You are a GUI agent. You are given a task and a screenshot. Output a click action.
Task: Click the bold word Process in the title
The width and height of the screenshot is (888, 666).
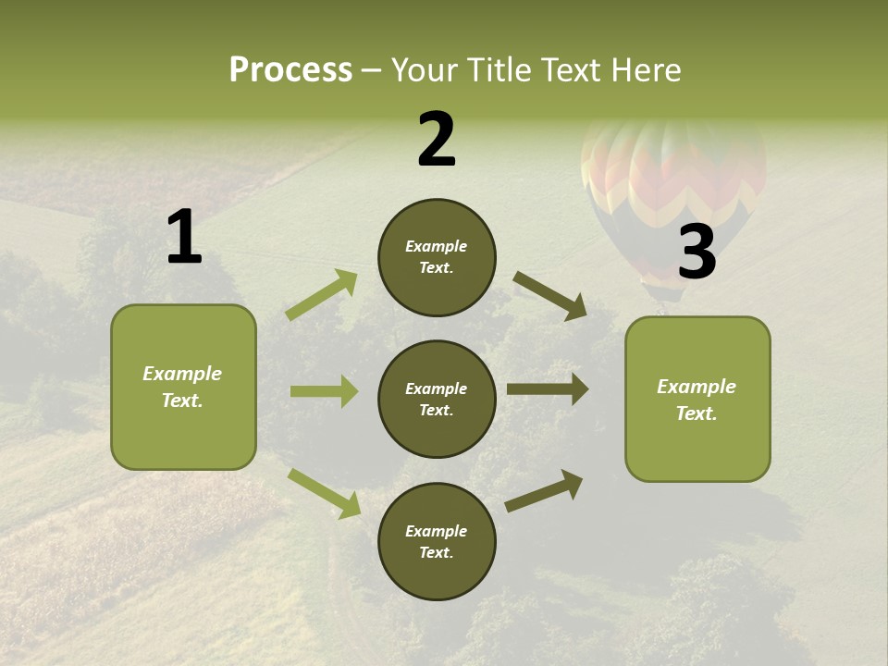click(x=290, y=70)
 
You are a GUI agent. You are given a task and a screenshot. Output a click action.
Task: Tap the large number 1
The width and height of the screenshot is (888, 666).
click(x=184, y=238)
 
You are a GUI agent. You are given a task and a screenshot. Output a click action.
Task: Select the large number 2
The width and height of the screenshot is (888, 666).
click(x=437, y=140)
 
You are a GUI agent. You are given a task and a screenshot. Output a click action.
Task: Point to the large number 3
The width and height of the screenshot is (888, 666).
click(x=697, y=253)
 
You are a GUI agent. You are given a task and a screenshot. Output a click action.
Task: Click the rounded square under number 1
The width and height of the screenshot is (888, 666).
click(x=183, y=387)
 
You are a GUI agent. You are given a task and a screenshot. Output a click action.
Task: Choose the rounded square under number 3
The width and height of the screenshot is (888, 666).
click(x=697, y=399)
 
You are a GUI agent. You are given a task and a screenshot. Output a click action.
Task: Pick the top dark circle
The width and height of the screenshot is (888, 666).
click(x=437, y=257)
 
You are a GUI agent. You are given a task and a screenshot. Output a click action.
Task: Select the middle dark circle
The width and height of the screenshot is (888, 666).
click(x=437, y=399)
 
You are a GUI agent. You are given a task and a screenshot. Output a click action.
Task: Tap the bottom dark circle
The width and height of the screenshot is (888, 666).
click(x=437, y=541)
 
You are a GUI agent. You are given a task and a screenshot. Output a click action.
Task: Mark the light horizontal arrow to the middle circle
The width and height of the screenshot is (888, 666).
click(x=324, y=391)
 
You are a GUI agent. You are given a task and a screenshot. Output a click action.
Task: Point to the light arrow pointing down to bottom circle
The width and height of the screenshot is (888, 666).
click(x=325, y=493)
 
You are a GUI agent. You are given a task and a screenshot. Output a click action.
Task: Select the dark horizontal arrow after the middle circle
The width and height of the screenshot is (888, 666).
click(x=548, y=388)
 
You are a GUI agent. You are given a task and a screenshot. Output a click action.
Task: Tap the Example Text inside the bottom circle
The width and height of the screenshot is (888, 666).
click(x=437, y=542)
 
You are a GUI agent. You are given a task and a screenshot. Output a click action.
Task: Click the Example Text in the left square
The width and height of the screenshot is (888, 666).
click(x=182, y=387)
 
